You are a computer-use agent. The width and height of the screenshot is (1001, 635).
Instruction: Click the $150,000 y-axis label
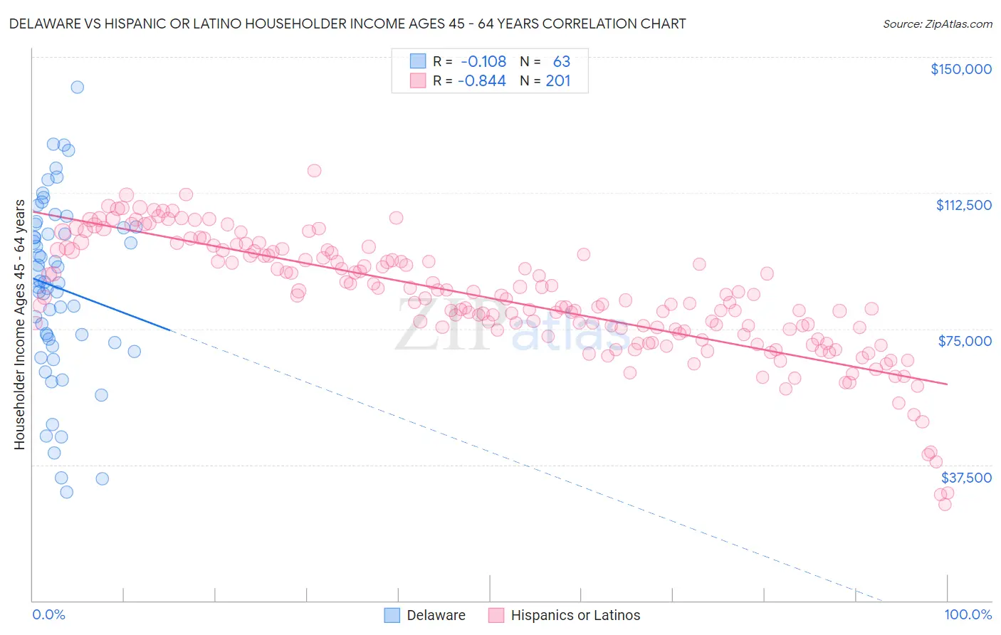click(960, 69)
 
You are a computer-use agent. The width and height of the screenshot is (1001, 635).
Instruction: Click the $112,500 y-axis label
click(963, 205)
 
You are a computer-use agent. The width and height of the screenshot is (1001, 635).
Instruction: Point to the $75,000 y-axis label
click(965, 341)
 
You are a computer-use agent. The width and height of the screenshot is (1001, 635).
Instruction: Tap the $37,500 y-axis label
click(966, 478)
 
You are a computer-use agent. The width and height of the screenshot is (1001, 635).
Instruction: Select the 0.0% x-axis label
click(48, 614)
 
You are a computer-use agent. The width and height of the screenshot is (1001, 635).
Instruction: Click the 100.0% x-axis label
click(968, 614)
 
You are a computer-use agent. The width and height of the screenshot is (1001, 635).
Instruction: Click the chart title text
click(347, 23)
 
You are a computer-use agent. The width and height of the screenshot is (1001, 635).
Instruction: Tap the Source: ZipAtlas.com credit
click(937, 24)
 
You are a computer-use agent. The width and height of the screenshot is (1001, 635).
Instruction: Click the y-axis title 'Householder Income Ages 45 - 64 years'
click(19, 325)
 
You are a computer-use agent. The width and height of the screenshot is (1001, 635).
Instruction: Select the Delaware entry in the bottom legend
click(424, 615)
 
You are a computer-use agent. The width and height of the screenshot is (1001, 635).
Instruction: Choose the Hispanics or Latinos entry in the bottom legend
click(565, 615)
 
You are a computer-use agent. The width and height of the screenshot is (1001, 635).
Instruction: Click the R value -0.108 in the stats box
click(483, 62)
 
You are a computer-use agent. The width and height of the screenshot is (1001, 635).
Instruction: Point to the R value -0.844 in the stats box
click(482, 81)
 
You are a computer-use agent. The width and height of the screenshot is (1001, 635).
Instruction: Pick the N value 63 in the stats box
click(561, 62)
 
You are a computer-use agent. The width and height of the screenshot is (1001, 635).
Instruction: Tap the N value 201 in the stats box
click(558, 81)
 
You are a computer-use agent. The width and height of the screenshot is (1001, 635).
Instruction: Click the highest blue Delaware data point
click(77, 87)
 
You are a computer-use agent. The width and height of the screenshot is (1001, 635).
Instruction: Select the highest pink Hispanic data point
click(314, 170)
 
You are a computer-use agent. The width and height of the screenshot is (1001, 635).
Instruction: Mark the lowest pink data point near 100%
click(945, 504)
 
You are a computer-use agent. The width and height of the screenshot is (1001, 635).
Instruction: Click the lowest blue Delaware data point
click(66, 492)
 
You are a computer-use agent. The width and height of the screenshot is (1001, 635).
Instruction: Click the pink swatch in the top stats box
click(417, 81)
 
